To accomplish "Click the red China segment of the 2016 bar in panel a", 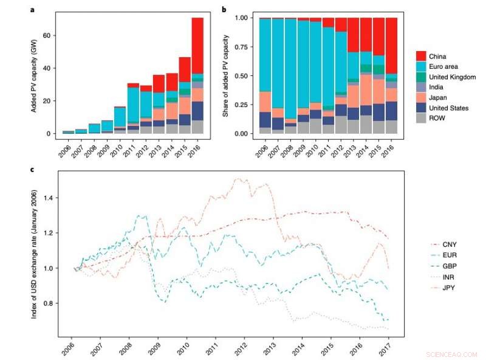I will point(197,46).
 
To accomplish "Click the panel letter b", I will point(224,10).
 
